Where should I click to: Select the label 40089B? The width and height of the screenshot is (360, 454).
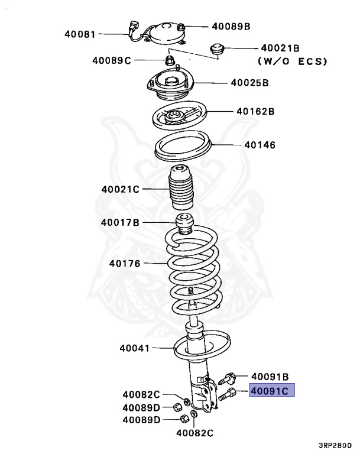[231, 27]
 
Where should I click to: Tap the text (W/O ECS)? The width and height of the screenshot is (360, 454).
[292, 61]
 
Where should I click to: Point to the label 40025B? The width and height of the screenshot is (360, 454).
[249, 83]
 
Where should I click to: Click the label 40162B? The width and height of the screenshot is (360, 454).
[255, 111]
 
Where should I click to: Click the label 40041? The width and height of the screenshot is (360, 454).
[135, 349]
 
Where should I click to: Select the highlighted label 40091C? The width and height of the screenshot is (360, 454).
[271, 391]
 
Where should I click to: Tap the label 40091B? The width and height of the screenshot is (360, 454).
[270, 376]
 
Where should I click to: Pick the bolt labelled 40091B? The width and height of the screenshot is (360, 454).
[229, 377]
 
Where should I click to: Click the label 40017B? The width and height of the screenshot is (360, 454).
[120, 223]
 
